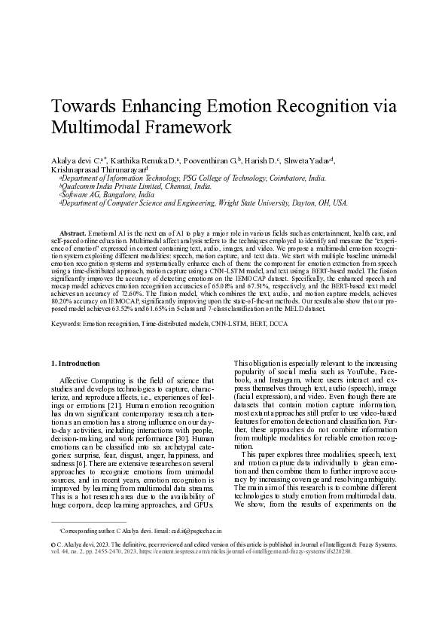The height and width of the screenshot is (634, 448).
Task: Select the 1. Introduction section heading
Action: coord(78,364)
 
